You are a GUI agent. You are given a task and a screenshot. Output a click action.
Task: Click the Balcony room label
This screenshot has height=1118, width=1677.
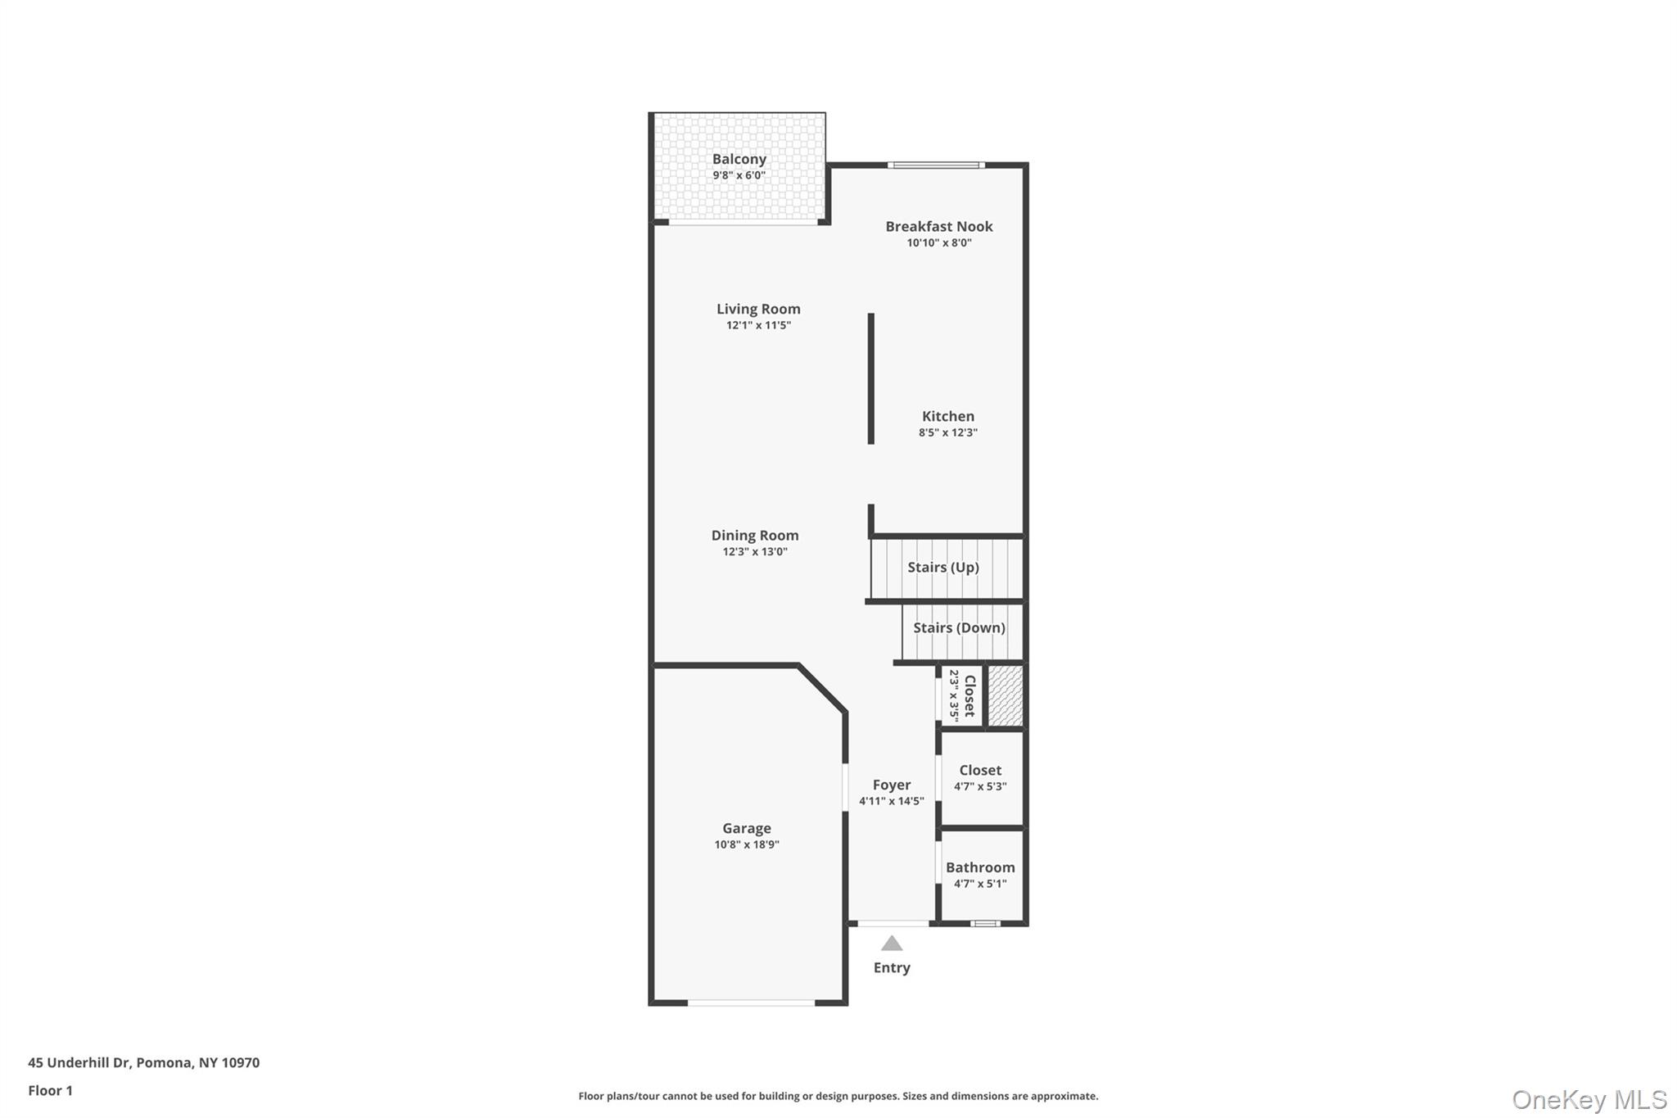tap(739, 160)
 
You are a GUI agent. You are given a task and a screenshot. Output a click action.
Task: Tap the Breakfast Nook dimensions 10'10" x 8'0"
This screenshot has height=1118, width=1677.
tap(938, 243)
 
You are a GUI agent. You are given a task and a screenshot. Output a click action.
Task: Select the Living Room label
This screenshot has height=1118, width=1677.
tap(758, 309)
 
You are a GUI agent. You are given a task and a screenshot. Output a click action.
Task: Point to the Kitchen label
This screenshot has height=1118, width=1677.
tap(947, 416)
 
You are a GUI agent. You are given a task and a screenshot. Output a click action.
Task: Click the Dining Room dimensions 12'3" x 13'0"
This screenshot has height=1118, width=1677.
tap(754, 552)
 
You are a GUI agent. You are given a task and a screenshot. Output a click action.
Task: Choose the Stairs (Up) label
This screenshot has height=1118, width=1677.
tap(942, 567)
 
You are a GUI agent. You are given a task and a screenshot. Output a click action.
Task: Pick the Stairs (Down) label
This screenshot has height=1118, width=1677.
tap(958, 627)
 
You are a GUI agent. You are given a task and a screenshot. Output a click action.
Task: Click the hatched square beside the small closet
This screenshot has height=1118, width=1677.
tap(1005, 695)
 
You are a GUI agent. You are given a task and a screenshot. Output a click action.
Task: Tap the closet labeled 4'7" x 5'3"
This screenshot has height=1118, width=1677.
tap(979, 777)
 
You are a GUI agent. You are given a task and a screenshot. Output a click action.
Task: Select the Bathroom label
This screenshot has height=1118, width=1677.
tap(979, 867)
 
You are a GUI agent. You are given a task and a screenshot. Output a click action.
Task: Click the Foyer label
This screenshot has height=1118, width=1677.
tap(891, 785)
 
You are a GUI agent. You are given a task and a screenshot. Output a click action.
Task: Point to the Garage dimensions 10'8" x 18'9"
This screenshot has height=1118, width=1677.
tap(746, 844)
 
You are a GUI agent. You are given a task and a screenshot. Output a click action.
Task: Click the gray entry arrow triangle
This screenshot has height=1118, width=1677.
tap(891, 944)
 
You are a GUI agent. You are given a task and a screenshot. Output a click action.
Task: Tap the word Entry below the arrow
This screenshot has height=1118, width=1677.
tap(891, 967)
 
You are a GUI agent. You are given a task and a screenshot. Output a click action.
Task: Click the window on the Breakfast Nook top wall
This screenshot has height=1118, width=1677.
tap(936, 165)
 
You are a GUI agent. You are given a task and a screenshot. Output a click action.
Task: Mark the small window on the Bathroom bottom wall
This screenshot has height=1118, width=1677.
tap(985, 924)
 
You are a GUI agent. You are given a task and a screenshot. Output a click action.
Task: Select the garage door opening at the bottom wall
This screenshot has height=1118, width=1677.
tap(751, 1003)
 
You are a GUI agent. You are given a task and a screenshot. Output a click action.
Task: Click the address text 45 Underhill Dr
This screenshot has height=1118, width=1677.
tap(79, 1062)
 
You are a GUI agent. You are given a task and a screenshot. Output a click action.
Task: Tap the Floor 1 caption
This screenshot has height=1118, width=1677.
tap(50, 1090)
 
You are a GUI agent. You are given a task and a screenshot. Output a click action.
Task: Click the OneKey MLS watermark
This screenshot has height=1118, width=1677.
tap(1589, 1099)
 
